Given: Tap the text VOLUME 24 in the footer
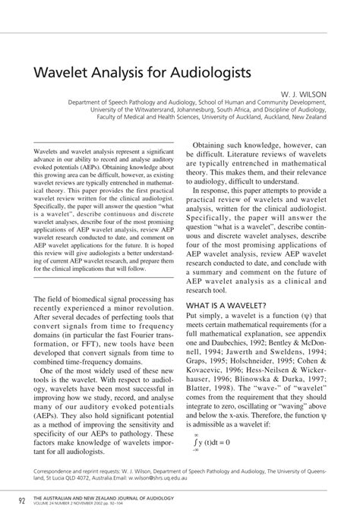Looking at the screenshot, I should click(x=51, y=504).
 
